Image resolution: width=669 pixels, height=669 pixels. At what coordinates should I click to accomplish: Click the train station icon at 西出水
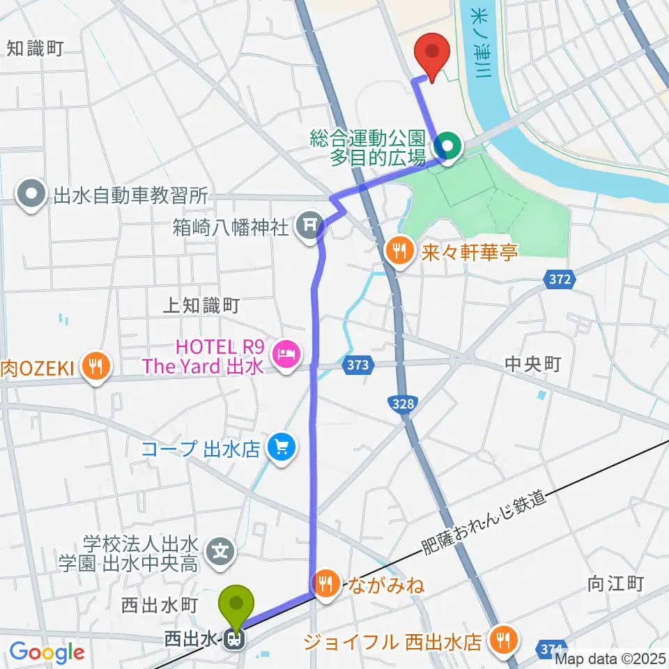(236, 638)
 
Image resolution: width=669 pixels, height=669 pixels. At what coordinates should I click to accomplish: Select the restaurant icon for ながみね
(327, 583)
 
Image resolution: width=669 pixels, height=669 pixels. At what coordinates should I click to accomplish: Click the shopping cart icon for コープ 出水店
(282, 446)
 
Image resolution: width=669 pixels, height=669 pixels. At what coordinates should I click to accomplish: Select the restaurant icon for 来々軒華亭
(399, 250)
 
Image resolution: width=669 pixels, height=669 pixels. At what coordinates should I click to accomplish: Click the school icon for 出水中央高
(222, 551)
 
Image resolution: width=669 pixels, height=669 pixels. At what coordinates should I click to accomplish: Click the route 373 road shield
(358, 364)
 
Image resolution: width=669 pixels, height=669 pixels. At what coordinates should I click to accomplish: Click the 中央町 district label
(532, 364)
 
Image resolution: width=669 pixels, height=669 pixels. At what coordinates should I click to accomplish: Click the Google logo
(47, 652)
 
